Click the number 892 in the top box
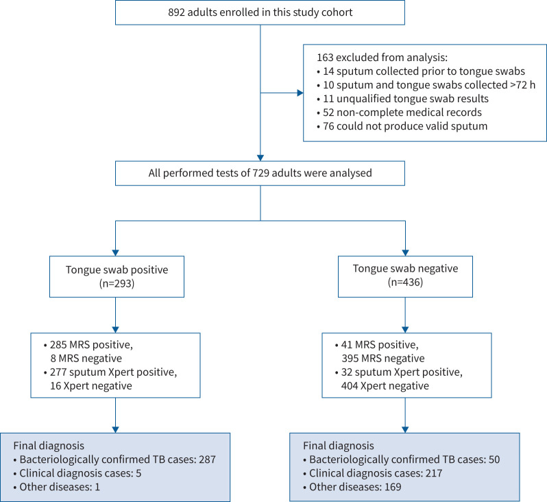pyautogui.click(x=177, y=12)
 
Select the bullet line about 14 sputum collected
pyautogui.click(x=421, y=71)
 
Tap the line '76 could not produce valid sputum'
pyautogui.click(x=402, y=126)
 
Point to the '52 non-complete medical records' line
pyautogui.click(x=400, y=112)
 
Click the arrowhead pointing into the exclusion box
pyautogui.click(x=300, y=93)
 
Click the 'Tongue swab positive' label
pyautogui.click(x=117, y=270)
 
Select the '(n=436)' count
pyautogui.click(x=405, y=282)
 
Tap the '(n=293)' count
pyautogui.click(x=117, y=283)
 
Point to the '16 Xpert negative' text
pyautogui.click(x=91, y=385)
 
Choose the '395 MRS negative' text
pyautogui.click(x=383, y=359)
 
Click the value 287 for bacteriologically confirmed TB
pyautogui.click(x=207, y=459)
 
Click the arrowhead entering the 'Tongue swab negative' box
pyautogui.click(x=405, y=253)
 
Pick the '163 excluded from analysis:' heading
pyautogui.click(x=382, y=58)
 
